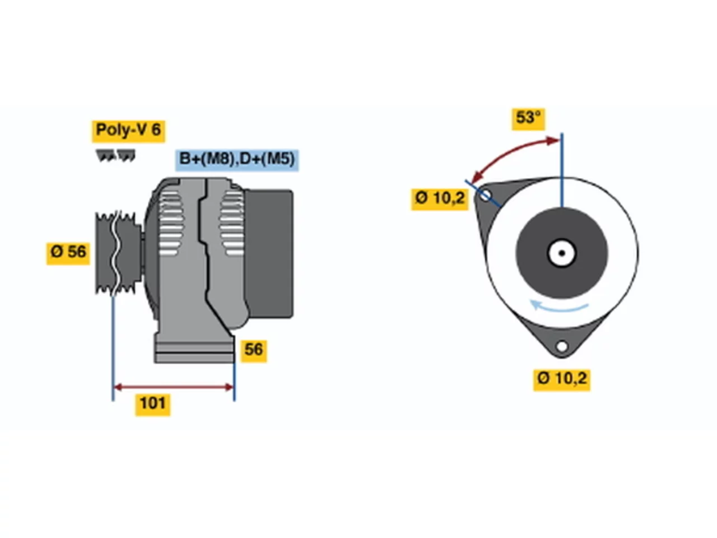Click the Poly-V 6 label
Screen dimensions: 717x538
point(128,131)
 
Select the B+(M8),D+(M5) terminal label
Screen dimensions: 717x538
point(236,160)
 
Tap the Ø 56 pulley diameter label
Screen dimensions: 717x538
point(68,253)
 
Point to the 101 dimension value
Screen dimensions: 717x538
point(152,405)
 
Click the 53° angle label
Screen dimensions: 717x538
point(527,119)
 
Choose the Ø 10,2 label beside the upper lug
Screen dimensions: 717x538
point(439,198)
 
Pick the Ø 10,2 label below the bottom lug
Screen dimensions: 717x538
point(561,379)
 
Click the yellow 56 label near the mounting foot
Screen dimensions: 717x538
point(253,350)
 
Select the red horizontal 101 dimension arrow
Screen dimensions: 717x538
point(173,387)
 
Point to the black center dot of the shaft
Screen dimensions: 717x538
point(561,253)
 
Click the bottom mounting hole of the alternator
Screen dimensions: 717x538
point(561,346)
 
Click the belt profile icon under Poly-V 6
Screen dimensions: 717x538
point(115,155)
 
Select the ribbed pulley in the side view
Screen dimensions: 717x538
point(118,253)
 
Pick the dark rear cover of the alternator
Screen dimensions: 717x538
point(268,253)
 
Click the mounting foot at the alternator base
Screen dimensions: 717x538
point(194,350)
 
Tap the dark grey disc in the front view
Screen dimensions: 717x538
point(561,253)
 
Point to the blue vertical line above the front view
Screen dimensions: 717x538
point(561,170)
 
